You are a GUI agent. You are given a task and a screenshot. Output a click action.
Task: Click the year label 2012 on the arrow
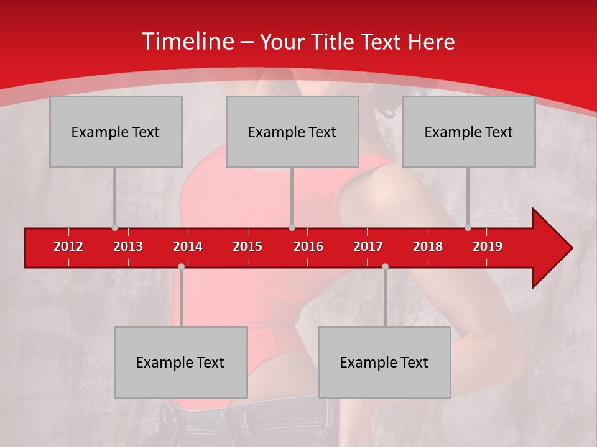pos(68,246)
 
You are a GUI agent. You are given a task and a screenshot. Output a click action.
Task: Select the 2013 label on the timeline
pos(128,246)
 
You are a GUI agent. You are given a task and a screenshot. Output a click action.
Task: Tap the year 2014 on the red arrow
pos(188,246)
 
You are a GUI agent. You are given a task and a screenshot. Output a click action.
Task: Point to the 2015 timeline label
pos(248,246)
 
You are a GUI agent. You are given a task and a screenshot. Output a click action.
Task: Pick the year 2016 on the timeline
pos(308,246)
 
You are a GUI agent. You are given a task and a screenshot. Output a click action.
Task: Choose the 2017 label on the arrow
pos(368,246)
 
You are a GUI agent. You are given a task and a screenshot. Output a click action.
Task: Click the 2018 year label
pos(428,246)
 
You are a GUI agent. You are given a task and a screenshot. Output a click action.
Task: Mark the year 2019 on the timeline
pos(488,246)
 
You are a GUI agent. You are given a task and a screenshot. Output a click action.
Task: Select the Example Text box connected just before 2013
pos(116,132)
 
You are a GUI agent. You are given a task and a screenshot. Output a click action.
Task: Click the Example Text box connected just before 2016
pos(292,132)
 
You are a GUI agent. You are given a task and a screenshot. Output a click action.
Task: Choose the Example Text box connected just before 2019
pos(469,132)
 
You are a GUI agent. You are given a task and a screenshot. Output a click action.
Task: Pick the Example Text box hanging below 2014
pos(180,362)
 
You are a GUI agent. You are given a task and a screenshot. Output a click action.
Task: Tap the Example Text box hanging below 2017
pos(384,362)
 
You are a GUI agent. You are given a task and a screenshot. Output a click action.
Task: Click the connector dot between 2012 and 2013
pos(114,228)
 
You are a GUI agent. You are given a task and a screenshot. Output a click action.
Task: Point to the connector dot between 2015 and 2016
pos(292,228)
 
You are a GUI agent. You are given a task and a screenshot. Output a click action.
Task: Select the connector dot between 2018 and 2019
pos(468,228)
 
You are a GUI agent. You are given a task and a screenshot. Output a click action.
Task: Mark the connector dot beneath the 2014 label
pos(181,266)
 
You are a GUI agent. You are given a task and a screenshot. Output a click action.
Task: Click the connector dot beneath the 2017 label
pos(385,266)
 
